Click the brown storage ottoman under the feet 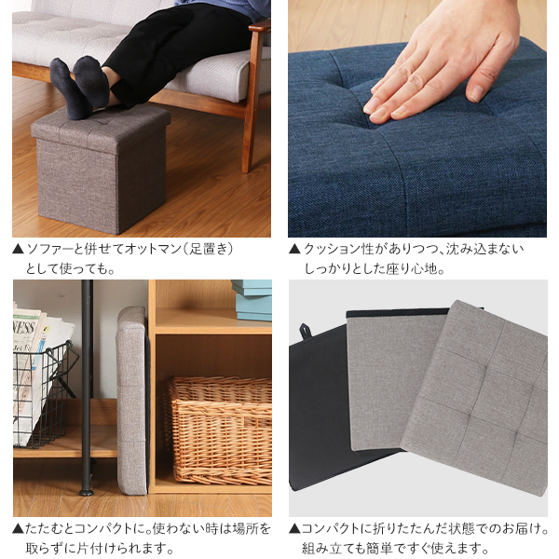point(102,168)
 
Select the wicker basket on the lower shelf point(218,430)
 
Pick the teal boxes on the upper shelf point(252,300)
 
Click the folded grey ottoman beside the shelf point(131,401)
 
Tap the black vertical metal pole point(87,387)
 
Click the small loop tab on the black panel point(306,331)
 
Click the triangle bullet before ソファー point(19,249)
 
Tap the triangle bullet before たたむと point(19,528)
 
